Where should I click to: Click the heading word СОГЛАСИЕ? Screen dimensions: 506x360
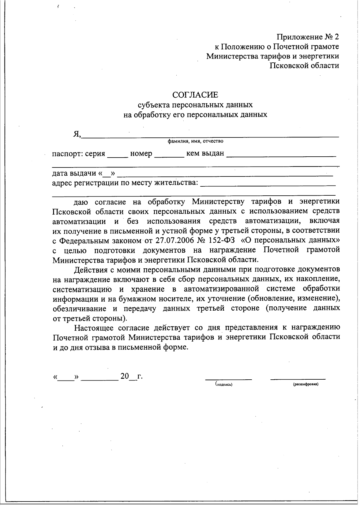coord(195,95)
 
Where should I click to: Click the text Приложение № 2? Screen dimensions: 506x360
coord(308,37)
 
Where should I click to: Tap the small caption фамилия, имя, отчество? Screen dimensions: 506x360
coord(195,141)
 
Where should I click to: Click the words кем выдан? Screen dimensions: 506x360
coord(205,153)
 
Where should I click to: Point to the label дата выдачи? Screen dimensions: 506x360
coord(74,173)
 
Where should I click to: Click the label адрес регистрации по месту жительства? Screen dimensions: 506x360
coord(125,183)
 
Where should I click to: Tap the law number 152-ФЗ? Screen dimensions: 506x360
coord(222,240)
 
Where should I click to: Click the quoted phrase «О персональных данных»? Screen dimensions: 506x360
coord(291,240)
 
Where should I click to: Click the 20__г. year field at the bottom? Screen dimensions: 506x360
coord(131,376)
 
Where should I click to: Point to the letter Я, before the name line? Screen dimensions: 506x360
coord(77,134)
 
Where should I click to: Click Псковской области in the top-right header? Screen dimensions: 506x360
coord(304,66)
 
